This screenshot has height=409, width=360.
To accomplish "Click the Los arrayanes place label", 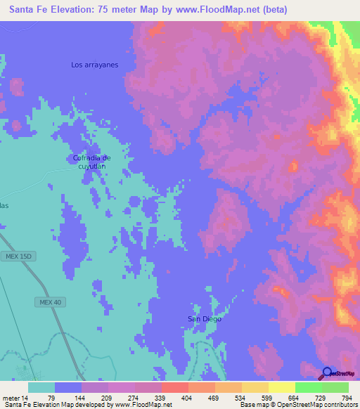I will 94,65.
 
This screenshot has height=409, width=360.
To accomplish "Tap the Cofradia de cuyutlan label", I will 92,162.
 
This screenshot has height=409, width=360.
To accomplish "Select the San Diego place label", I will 204,319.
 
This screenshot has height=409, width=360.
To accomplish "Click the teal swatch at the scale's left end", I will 41,387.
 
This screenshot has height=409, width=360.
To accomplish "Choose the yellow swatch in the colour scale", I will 282,387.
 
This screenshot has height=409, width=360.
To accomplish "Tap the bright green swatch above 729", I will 309,387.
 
